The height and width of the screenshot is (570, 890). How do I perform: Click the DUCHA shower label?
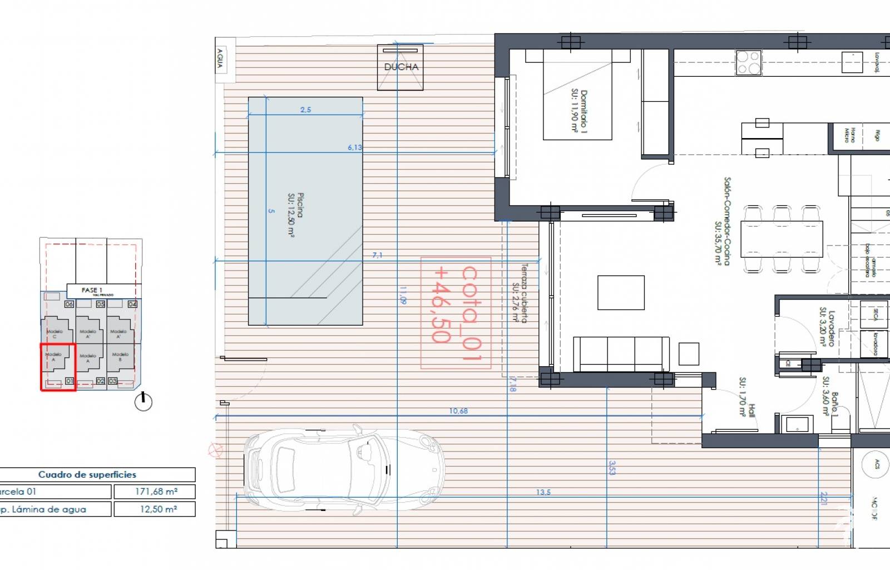pyautogui.click(x=401, y=67)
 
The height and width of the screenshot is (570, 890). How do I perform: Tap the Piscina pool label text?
pyautogui.click(x=295, y=215)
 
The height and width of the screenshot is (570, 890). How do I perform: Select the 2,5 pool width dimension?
pyautogui.click(x=305, y=110)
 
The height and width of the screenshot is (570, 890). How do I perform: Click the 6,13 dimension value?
pyautogui.click(x=354, y=148)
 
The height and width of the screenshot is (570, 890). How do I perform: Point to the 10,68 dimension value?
pyautogui.click(x=458, y=411)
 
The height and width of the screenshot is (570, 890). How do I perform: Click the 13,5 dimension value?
pyautogui.click(x=543, y=492)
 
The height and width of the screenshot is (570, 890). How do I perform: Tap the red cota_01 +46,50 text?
pyautogui.click(x=456, y=312)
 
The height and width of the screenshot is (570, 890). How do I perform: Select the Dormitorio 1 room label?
pyautogui.click(x=579, y=111)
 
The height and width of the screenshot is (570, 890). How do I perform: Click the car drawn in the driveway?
pyautogui.click(x=344, y=471)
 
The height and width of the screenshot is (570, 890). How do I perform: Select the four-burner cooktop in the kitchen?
pyautogui.click(x=748, y=62)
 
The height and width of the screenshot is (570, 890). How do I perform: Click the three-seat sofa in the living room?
pyautogui.click(x=621, y=354)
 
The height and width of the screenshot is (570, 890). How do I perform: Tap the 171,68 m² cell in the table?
pyautogui.click(x=155, y=492)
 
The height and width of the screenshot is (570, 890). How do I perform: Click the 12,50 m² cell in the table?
pyautogui.click(x=155, y=509)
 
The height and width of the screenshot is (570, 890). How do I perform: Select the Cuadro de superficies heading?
pyautogui.click(x=87, y=474)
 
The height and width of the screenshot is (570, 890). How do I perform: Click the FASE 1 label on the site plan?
pyautogui.click(x=92, y=290)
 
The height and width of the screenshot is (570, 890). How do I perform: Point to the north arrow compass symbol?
pyautogui.click(x=144, y=401)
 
